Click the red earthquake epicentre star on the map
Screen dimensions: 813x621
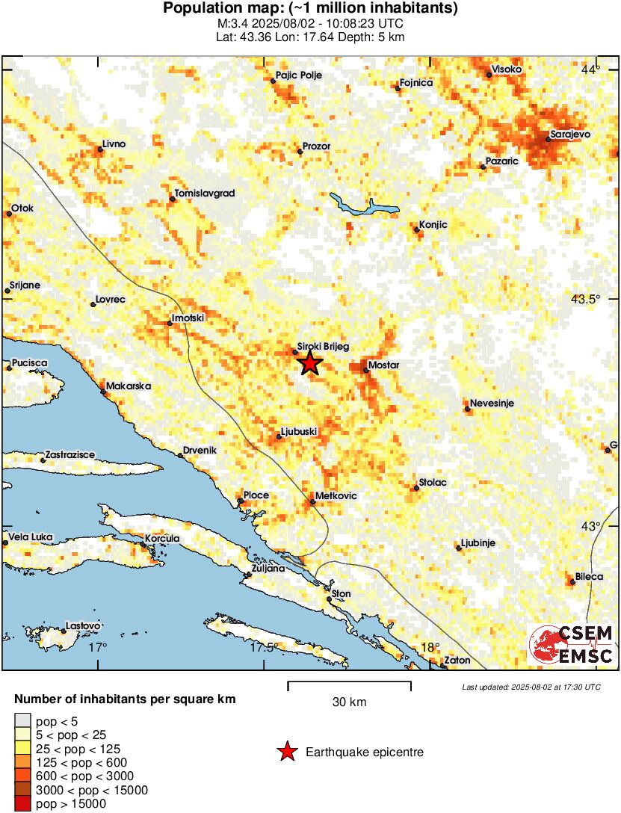[x=310, y=364]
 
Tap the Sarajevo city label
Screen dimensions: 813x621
[x=570, y=134]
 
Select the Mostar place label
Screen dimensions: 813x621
[x=384, y=365]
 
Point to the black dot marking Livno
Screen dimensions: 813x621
[x=100, y=149]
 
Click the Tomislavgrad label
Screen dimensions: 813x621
[x=204, y=194]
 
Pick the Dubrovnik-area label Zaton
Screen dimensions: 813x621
[x=457, y=661]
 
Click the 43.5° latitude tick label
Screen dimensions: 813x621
[x=585, y=300]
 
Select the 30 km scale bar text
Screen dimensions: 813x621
[x=349, y=702]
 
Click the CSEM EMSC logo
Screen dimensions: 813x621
[x=571, y=645]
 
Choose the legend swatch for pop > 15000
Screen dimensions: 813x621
[x=24, y=804]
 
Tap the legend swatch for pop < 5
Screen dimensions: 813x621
[x=24, y=720]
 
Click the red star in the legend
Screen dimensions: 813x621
[x=286, y=752]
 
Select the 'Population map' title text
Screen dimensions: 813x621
[x=310, y=9]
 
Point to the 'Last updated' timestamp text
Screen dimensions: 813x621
[x=531, y=687]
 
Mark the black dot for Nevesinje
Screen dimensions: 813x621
[x=467, y=409]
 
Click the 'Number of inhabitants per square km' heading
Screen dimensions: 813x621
[x=125, y=700]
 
